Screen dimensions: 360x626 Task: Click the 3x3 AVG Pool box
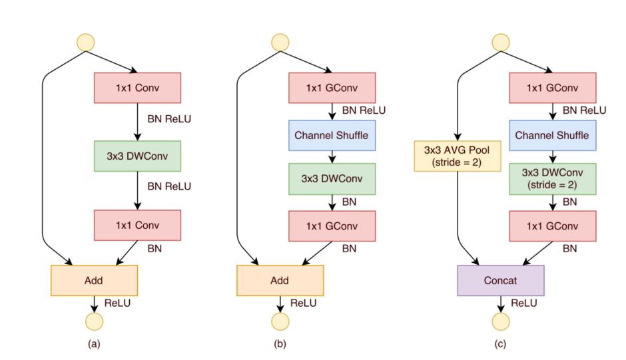click(x=458, y=156)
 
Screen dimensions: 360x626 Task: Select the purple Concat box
click(x=501, y=280)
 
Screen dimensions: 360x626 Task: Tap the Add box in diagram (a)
click(x=94, y=280)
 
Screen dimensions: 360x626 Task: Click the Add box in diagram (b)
click(x=280, y=280)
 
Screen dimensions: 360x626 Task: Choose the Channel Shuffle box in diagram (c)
click(x=553, y=135)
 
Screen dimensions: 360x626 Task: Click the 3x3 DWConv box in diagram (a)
click(x=137, y=156)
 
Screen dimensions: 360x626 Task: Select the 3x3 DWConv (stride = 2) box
click(x=553, y=179)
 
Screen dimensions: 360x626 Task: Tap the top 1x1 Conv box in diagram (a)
click(x=137, y=88)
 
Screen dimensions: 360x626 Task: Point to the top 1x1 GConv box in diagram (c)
click(x=553, y=88)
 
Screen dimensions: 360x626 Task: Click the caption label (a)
click(x=94, y=344)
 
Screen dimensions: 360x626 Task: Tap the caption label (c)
click(x=501, y=344)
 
